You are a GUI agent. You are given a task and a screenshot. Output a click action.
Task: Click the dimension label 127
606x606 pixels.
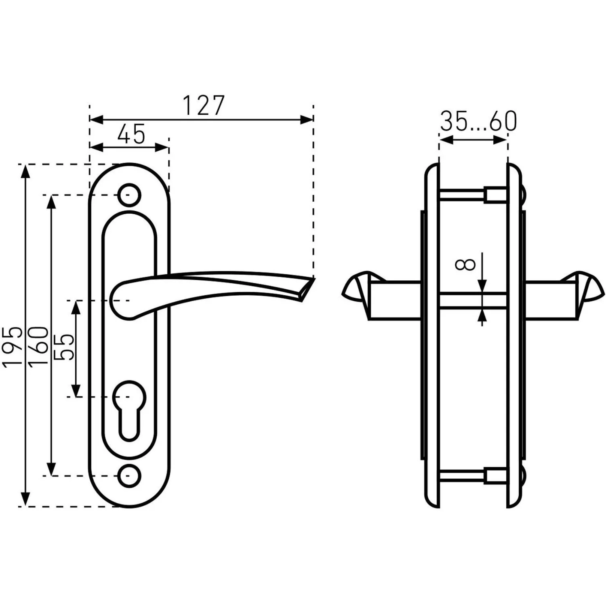click(203, 105)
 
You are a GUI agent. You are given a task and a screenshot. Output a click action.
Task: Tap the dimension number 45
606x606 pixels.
click(131, 134)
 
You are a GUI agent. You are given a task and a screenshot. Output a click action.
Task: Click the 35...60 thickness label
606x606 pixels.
click(478, 121)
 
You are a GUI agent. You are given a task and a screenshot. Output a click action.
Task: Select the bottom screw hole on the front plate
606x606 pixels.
click(129, 476)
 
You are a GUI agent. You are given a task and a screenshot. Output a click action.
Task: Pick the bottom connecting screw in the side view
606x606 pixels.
click(473, 476)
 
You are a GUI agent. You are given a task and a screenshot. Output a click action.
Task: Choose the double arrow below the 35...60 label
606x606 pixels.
click(473, 140)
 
